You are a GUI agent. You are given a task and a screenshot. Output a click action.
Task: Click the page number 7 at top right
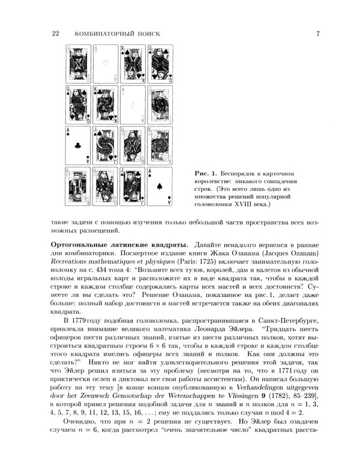click(x=317, y=34)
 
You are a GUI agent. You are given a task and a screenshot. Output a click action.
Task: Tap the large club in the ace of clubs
click(x=77, y=145)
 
